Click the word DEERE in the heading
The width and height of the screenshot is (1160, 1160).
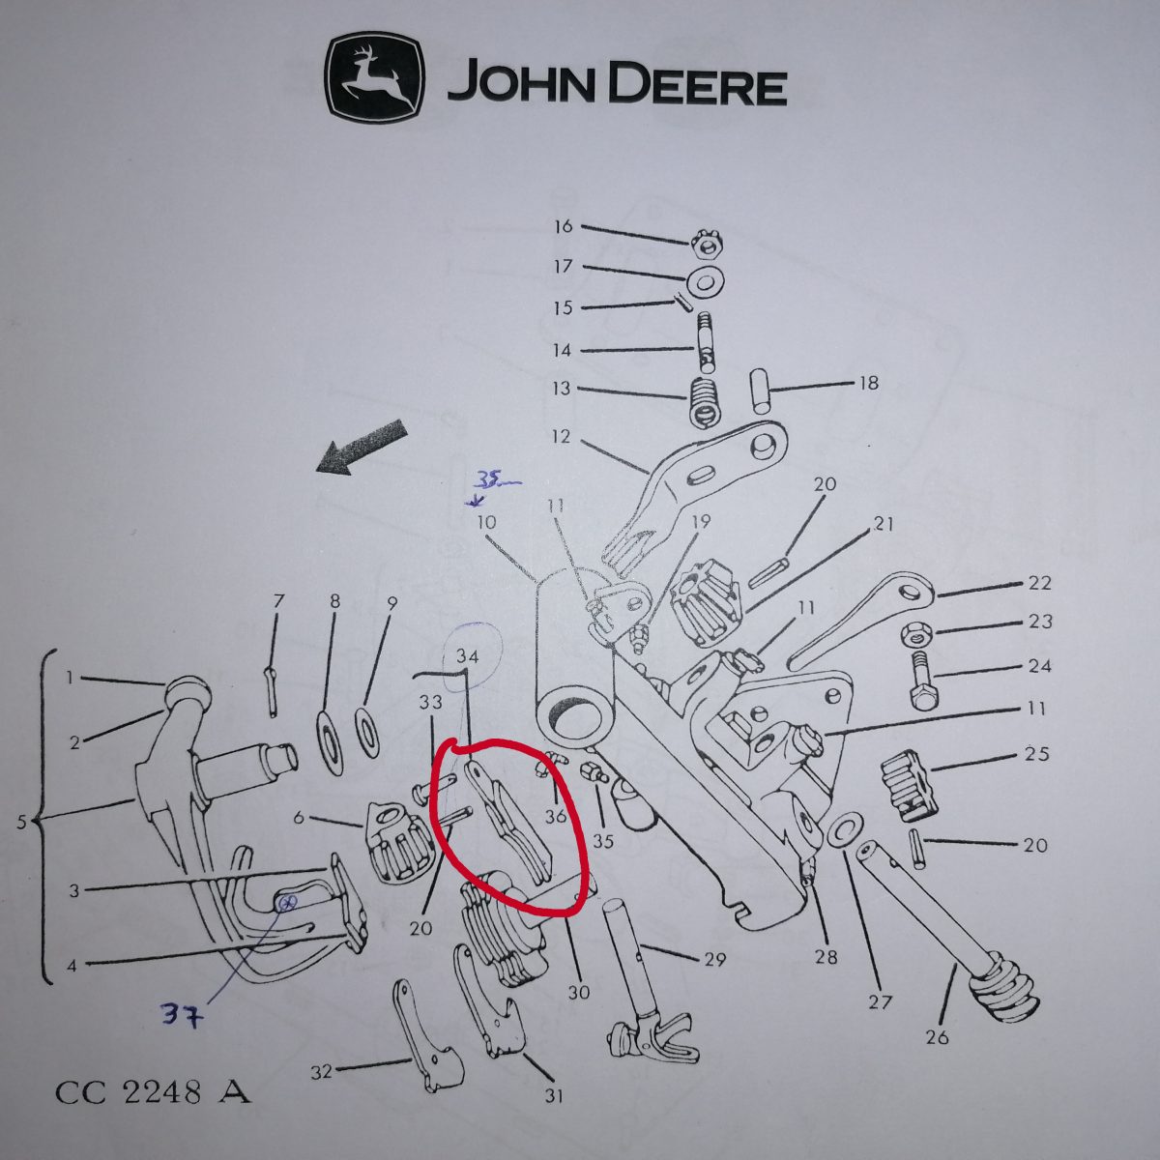pyautogui.click(x=698, y=88)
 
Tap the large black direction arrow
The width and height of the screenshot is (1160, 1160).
pyautogui.click(x=363, y=448)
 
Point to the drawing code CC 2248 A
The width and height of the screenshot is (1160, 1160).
pyautogui.click(x=153, y=1092)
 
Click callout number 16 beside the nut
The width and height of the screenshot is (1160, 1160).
pyautogui.click(x=564, y=227)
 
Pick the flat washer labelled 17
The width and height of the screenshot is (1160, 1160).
pyautogui.click(x=705, y=280)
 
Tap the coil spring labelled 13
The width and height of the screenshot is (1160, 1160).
pyautogui.click(x=704, y=403)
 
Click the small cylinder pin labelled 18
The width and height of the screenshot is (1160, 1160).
pyautogui.click(x=761, y=391)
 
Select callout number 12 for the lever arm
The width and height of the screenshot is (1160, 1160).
pyautogui.click(x=561, y=436)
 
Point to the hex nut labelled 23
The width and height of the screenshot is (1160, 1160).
pyautogui.click(x=916, y=632)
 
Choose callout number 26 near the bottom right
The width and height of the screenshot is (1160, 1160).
pyautogui.click(x=938, y=1037)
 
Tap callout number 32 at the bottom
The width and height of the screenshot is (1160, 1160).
pyautogui.click(x=322, y=1070)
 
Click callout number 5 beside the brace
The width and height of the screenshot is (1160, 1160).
pyautogui.click(x=21, y=821)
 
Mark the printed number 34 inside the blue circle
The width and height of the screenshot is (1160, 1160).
pyautogui.click(x=468, y=656)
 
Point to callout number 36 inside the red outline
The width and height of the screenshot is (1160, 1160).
pyautogui.click(x=555, y=817)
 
